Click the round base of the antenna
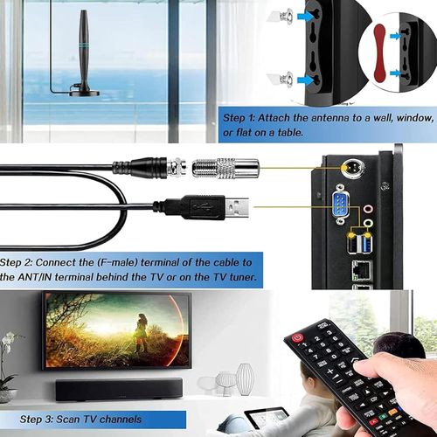click(x=85, y=93)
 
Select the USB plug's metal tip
click(x=237, y=208)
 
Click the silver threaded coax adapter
click(x=225, y=169)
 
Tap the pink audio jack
click(x=369, y=209)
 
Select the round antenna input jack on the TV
click(x=353, y=168)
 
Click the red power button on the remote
click(x=297, y=338)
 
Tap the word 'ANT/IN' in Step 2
click(x=34, y=277)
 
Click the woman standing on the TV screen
click(x=142, y=332)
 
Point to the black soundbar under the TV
click(x=119, y=389)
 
